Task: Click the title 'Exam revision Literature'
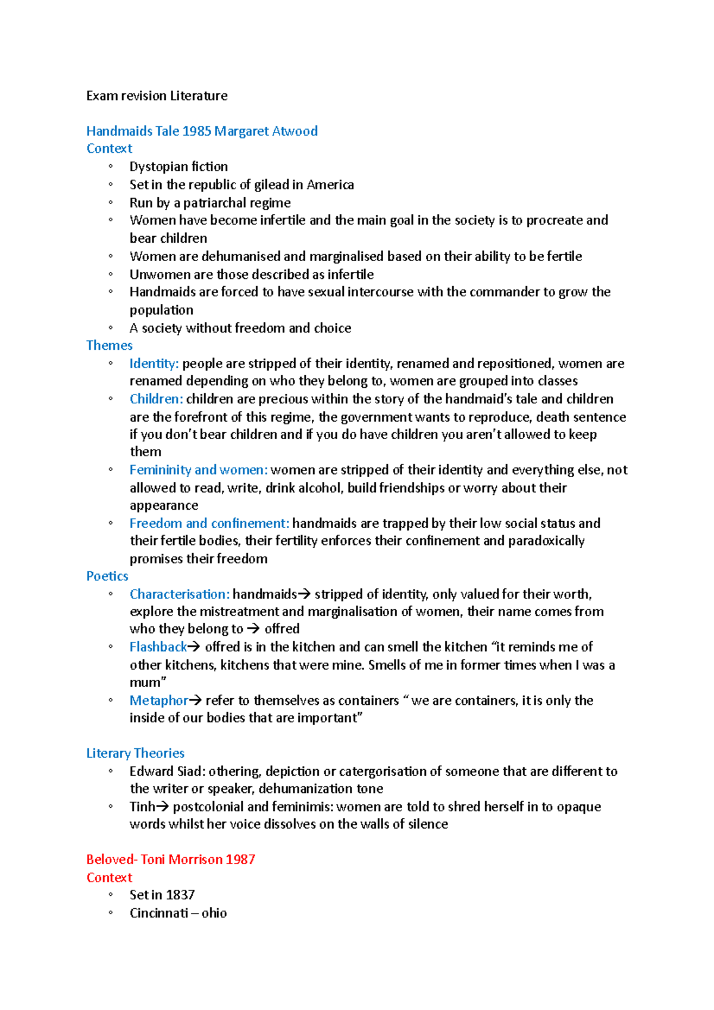coord(156,96)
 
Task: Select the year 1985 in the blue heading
coord(196,131)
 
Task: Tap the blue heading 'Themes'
coord(109,346)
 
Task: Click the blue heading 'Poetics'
coord(107,576)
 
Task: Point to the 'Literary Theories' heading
coord(135,753)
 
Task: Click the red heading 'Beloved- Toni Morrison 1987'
coord(170,860)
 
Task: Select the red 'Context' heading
coord(109,877)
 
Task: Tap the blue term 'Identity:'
coord(154,363)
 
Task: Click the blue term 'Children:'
coord(156,399)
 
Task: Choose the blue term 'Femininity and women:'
coord(199,470)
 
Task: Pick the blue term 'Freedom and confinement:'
coord(209,523)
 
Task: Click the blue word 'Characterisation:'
coord(179,594)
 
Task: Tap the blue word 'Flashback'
coord(158,647)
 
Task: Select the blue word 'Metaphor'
coord(158,700)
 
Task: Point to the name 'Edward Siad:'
coord(167,771)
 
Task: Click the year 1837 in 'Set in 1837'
coord(180,895)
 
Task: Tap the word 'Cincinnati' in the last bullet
coord(158,913)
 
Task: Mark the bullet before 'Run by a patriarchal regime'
coord(111,203)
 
